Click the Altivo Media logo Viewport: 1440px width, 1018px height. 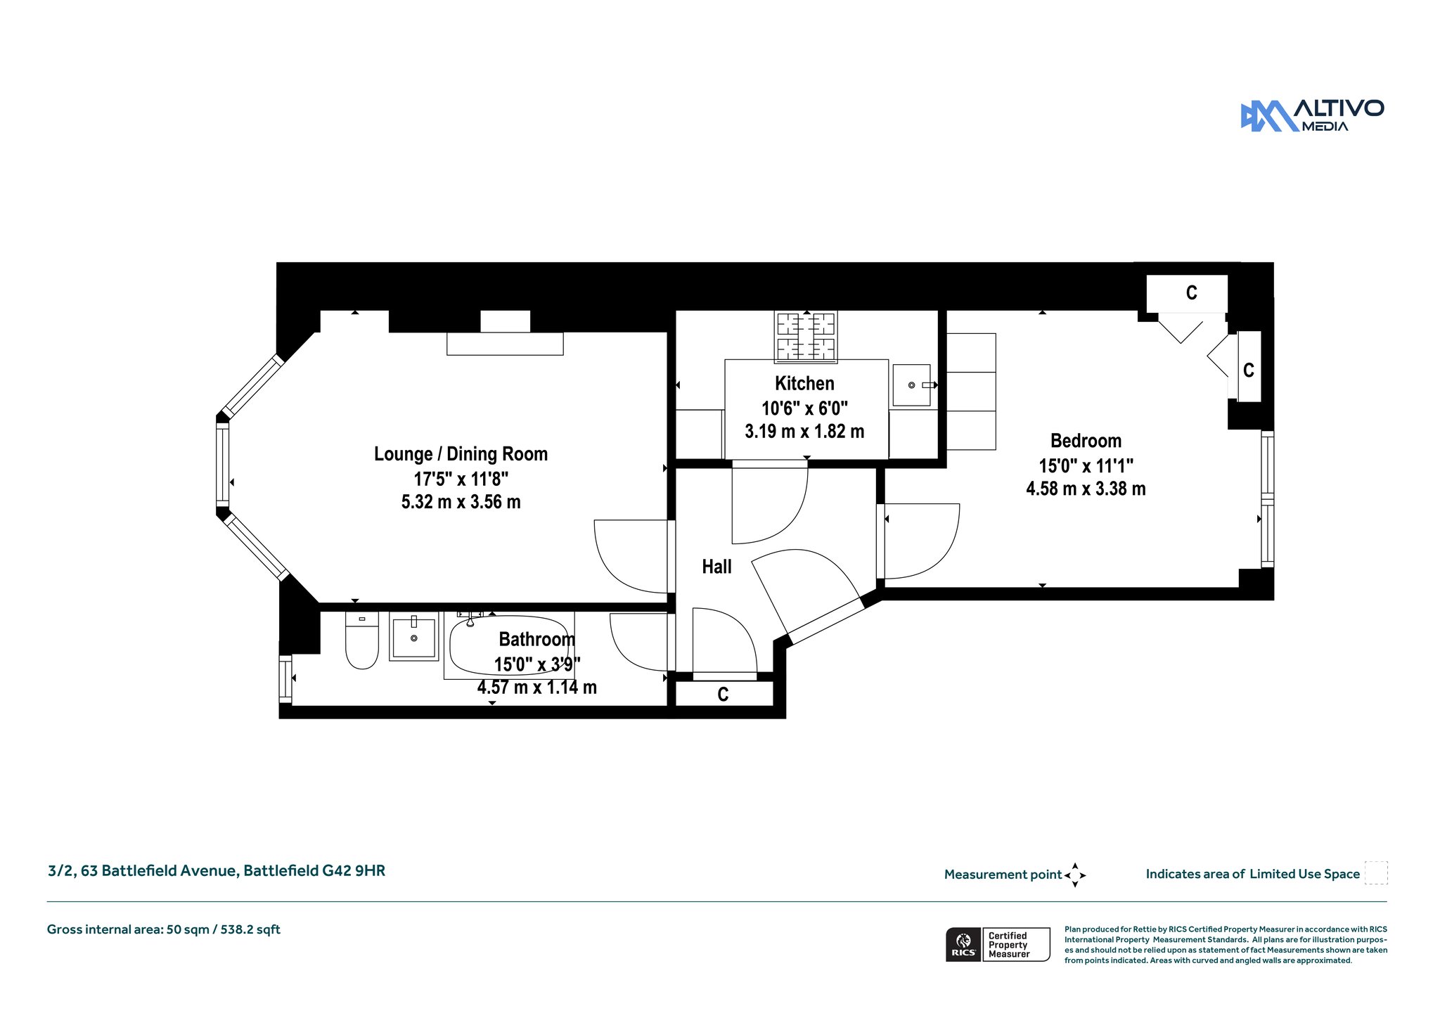(1312, 115)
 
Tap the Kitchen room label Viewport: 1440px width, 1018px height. (804, 383)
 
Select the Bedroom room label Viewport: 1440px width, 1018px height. (1086, 441)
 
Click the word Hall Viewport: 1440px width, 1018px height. (716, 567)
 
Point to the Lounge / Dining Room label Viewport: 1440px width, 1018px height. (461, 454)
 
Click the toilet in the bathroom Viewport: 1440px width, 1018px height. (362, 640)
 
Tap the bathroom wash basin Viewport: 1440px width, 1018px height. (413, 636)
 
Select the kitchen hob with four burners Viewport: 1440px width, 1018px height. (806, 337)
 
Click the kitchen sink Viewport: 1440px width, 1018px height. (912, 385)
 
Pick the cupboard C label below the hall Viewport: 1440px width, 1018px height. (723, 695)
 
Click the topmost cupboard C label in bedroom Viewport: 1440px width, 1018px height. (1191, 292)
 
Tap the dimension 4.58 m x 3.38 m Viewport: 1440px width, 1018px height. (1086, 489)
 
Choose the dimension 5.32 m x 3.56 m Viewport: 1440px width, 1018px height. (461, 502)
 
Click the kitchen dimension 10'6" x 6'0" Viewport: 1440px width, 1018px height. (804, 408)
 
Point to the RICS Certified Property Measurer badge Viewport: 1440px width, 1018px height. (998, 944)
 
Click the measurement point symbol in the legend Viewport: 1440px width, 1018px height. (1075, 875)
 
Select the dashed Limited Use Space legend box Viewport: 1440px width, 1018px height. (1376, 872)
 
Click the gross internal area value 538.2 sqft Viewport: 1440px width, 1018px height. (250, 929)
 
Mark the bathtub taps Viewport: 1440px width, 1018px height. (469, 617)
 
